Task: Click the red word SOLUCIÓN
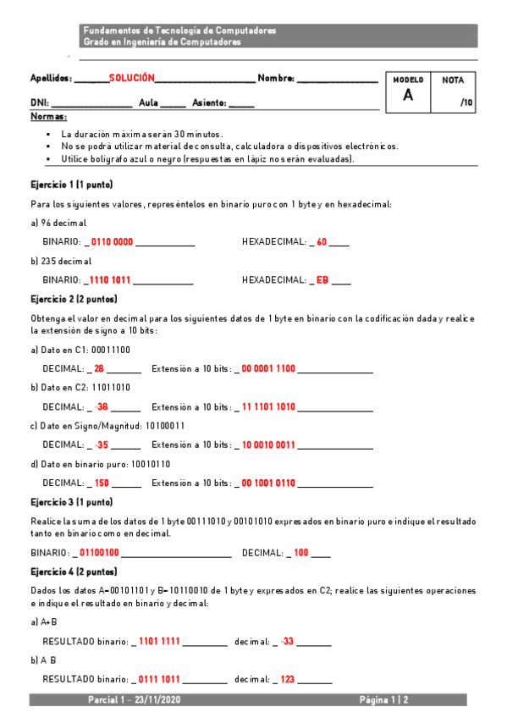click(x=131, y=78)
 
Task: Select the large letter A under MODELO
click(x=408, y=95)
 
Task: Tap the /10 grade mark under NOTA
click(x=466, y=102)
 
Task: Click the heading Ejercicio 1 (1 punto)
click(x=72, y=185)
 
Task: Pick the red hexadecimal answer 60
click(x=322, y=242)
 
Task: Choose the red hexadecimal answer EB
click(x=322, y=280)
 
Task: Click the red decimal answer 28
click(x=99, y=368)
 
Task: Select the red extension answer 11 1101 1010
click(x=268, y=407)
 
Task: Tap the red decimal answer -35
click(x=102, y=445)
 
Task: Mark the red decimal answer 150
click(x=102, y=483)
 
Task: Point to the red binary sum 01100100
click(x=98, y=553)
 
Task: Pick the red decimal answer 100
click(x=301, y=553)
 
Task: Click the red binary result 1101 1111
click(x=159, y=641)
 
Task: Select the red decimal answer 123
click(x=288, y=679)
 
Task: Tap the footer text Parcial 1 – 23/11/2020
click(x=134, y=700)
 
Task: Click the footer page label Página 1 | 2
click(x=384, y=700)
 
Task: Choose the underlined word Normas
click(x=48, y=116)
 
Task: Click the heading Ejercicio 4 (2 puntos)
click(x=74, y=572)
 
